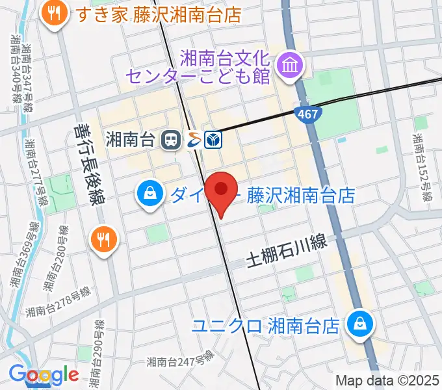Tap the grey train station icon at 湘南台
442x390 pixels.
[172, 138]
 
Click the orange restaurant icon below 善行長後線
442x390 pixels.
[103, 239]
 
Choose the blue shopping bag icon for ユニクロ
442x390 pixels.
[358, 322]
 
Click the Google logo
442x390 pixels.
[44, 375]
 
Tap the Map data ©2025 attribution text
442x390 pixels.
[387, 380]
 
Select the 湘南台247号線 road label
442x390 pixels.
[180, 361]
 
